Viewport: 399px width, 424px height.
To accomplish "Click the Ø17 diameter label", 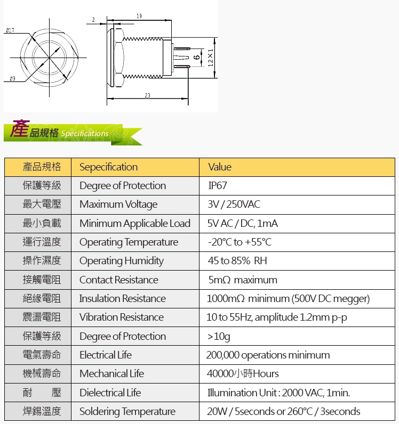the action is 10,30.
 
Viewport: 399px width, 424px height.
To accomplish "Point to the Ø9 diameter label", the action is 12,79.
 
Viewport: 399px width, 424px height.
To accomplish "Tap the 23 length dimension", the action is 147,95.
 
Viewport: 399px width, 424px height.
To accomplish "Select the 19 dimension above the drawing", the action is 139,16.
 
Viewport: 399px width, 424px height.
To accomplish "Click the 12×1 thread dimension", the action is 211,58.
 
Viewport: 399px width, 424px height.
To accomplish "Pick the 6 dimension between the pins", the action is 197,57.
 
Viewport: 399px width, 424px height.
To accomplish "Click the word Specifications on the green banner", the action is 85,134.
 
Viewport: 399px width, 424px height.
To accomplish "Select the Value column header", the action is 220,167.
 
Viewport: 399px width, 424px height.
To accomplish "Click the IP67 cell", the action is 218,185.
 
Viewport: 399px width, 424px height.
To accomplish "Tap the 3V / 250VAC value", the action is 234,204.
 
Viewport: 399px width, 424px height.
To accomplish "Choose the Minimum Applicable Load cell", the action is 135,223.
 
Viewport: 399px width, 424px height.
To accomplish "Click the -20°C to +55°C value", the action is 240,242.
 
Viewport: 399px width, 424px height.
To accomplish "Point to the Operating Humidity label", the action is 122,261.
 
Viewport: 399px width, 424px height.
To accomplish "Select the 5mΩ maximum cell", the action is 243,280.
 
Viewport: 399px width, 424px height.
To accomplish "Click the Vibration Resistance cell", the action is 122,317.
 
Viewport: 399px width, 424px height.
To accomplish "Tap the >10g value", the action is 219,337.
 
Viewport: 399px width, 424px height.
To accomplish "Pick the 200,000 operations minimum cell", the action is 268,355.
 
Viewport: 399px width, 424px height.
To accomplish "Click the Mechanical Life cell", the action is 111,373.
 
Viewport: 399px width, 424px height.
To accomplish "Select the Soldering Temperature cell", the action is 127,411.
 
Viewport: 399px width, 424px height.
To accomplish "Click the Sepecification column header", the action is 109,167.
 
